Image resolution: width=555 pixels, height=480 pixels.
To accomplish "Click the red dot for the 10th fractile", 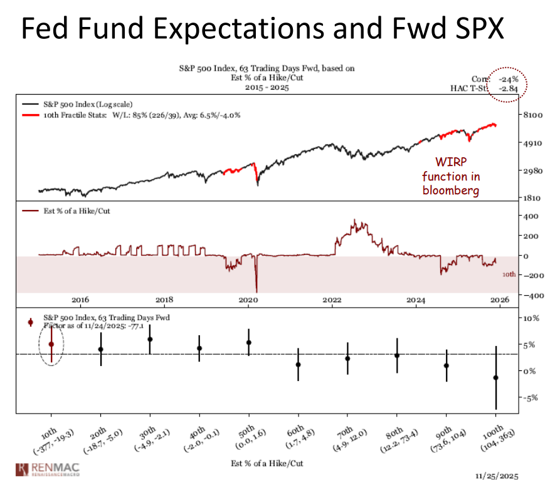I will pos(51,344).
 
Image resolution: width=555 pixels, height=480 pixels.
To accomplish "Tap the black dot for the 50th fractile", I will pos(249,343).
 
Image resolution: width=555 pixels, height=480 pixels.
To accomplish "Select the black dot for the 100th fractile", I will pos(496,378).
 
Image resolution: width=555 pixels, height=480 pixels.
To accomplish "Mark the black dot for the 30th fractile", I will pos(150,339).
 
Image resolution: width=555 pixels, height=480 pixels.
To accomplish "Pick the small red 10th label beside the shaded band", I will pos(509,274).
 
